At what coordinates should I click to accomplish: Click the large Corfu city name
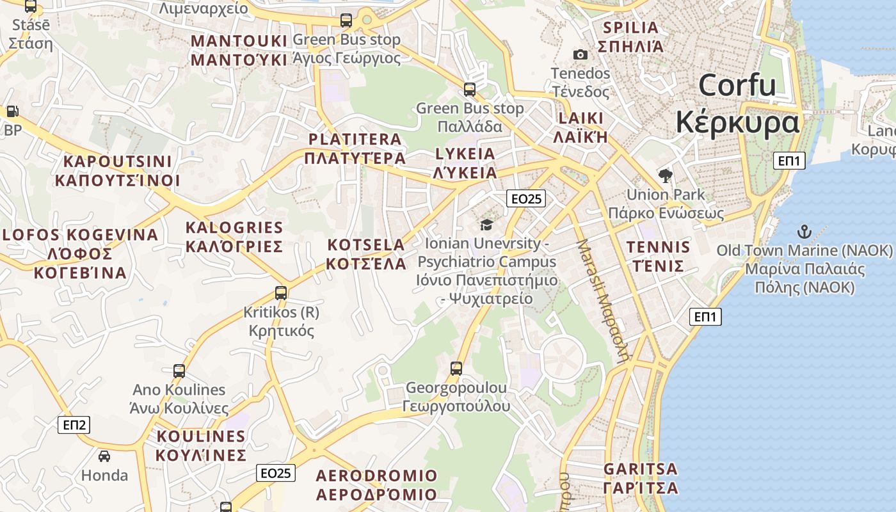pyautogui.click(x=737, y=102)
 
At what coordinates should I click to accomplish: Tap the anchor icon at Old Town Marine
pyautogui.click(x=804, y=231)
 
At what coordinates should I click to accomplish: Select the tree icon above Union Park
pyautogui.click(x=666, y=176)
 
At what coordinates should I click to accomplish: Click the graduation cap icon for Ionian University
pyautogui.click(x=486, y=225)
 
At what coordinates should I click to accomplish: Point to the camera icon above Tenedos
pyautogui.click(x=580, y=55)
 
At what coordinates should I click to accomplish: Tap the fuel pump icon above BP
pyautogui.click(x=12, y=111)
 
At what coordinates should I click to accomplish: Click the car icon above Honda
pyautogui.click(x=104, y=456)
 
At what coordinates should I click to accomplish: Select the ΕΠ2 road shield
pyautogui.click(x=74, y=424)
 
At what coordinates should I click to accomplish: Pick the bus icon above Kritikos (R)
pyautogui.click(x=281, y=293)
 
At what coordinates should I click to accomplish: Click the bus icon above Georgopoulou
pyautogui.click(x=456, y=368)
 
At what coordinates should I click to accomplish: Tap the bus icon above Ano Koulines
pyautogui.click(x=179, y=371)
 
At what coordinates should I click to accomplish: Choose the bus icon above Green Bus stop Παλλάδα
pyautogui.click(x=470, y=89)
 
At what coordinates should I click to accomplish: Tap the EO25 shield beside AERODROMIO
pyautogui.click(x=276, y=473)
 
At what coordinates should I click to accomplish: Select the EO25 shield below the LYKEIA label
pyautogui.click(x=526, y=198)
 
